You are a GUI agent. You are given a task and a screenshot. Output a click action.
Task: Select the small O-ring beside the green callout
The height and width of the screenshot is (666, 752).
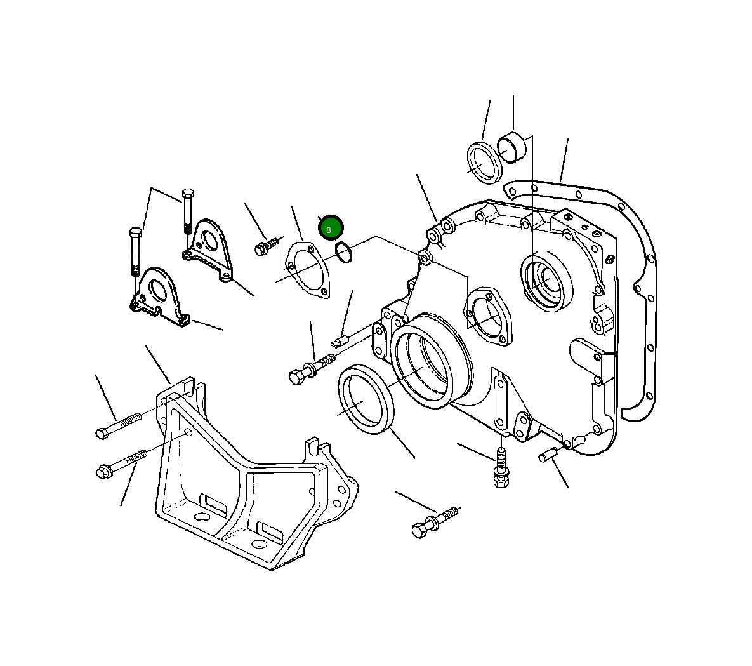(x=343, y=253)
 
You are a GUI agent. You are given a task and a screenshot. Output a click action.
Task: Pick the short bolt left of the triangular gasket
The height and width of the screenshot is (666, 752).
(x=267, y=246)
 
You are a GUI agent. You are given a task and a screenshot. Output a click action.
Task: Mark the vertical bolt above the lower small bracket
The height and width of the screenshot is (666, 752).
(x=135, y=250)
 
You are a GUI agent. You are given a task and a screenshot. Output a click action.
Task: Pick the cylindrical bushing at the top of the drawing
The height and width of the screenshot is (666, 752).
(x=513, y=148)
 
